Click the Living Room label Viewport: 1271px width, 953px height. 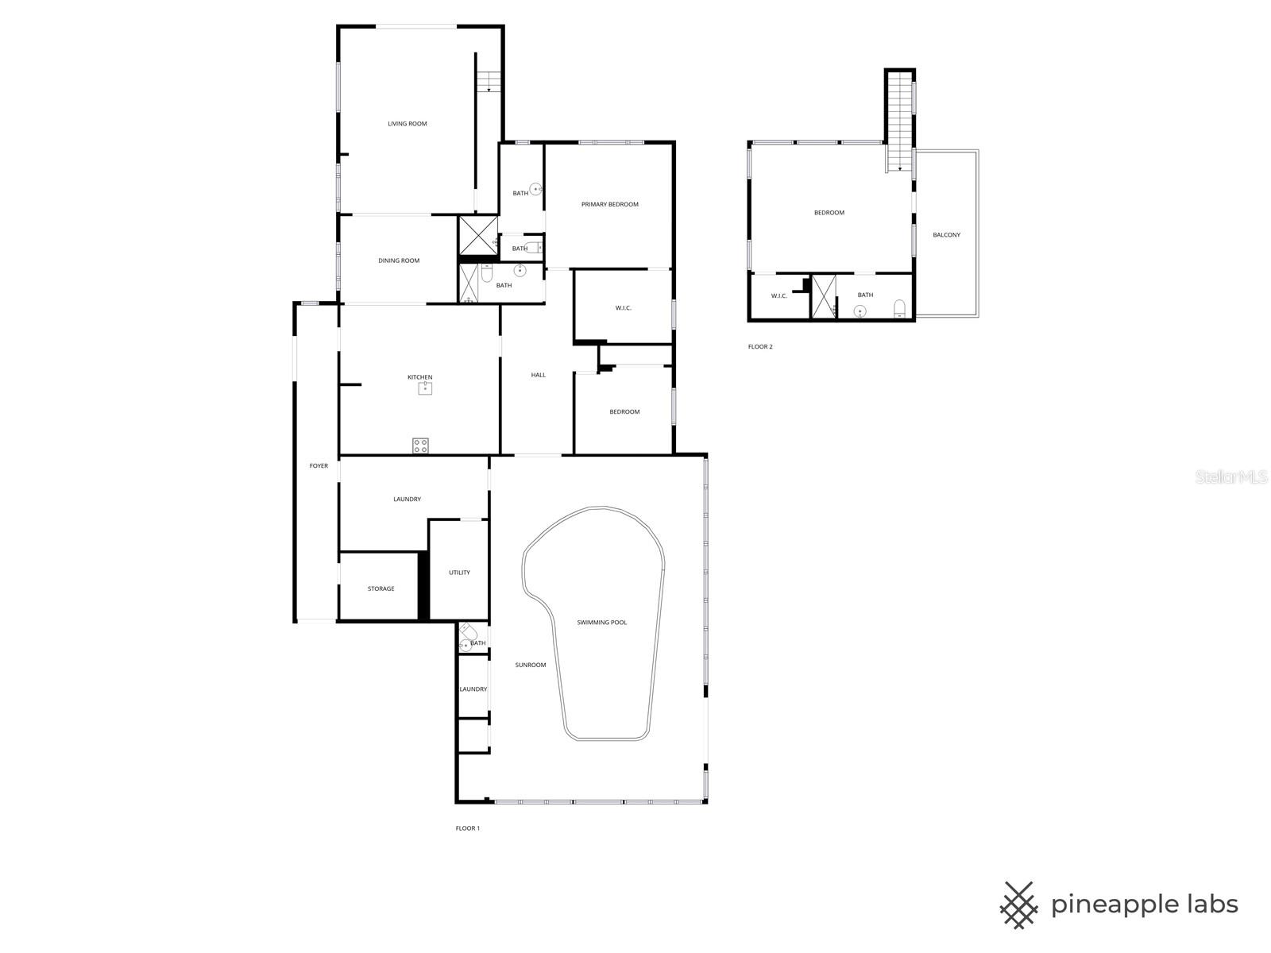[407, 124]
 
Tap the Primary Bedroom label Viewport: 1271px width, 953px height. [609, 205]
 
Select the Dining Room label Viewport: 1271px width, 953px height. [399, 260]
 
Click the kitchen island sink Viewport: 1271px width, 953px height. [426, 388]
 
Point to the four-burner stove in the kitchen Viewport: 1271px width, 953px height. [420, 446]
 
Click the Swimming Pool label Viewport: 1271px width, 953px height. [601, 623]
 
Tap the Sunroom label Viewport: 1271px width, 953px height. [530, 665]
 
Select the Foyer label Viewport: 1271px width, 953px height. [319, 466]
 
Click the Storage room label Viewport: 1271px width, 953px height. [381, 588]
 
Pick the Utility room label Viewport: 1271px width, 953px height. [459, 573]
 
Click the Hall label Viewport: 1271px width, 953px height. [538, 375]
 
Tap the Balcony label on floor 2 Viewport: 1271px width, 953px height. [946, 235]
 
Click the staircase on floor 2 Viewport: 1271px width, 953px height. [899, 119]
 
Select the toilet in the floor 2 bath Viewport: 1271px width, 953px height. [900, 308]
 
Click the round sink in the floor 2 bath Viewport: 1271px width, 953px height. [860, 311]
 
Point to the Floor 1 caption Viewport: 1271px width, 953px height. [467, 828]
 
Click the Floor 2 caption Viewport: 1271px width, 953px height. [759, 347]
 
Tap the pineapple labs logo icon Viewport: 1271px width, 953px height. [1019, 905]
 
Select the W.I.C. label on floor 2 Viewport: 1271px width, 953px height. [778, 296]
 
